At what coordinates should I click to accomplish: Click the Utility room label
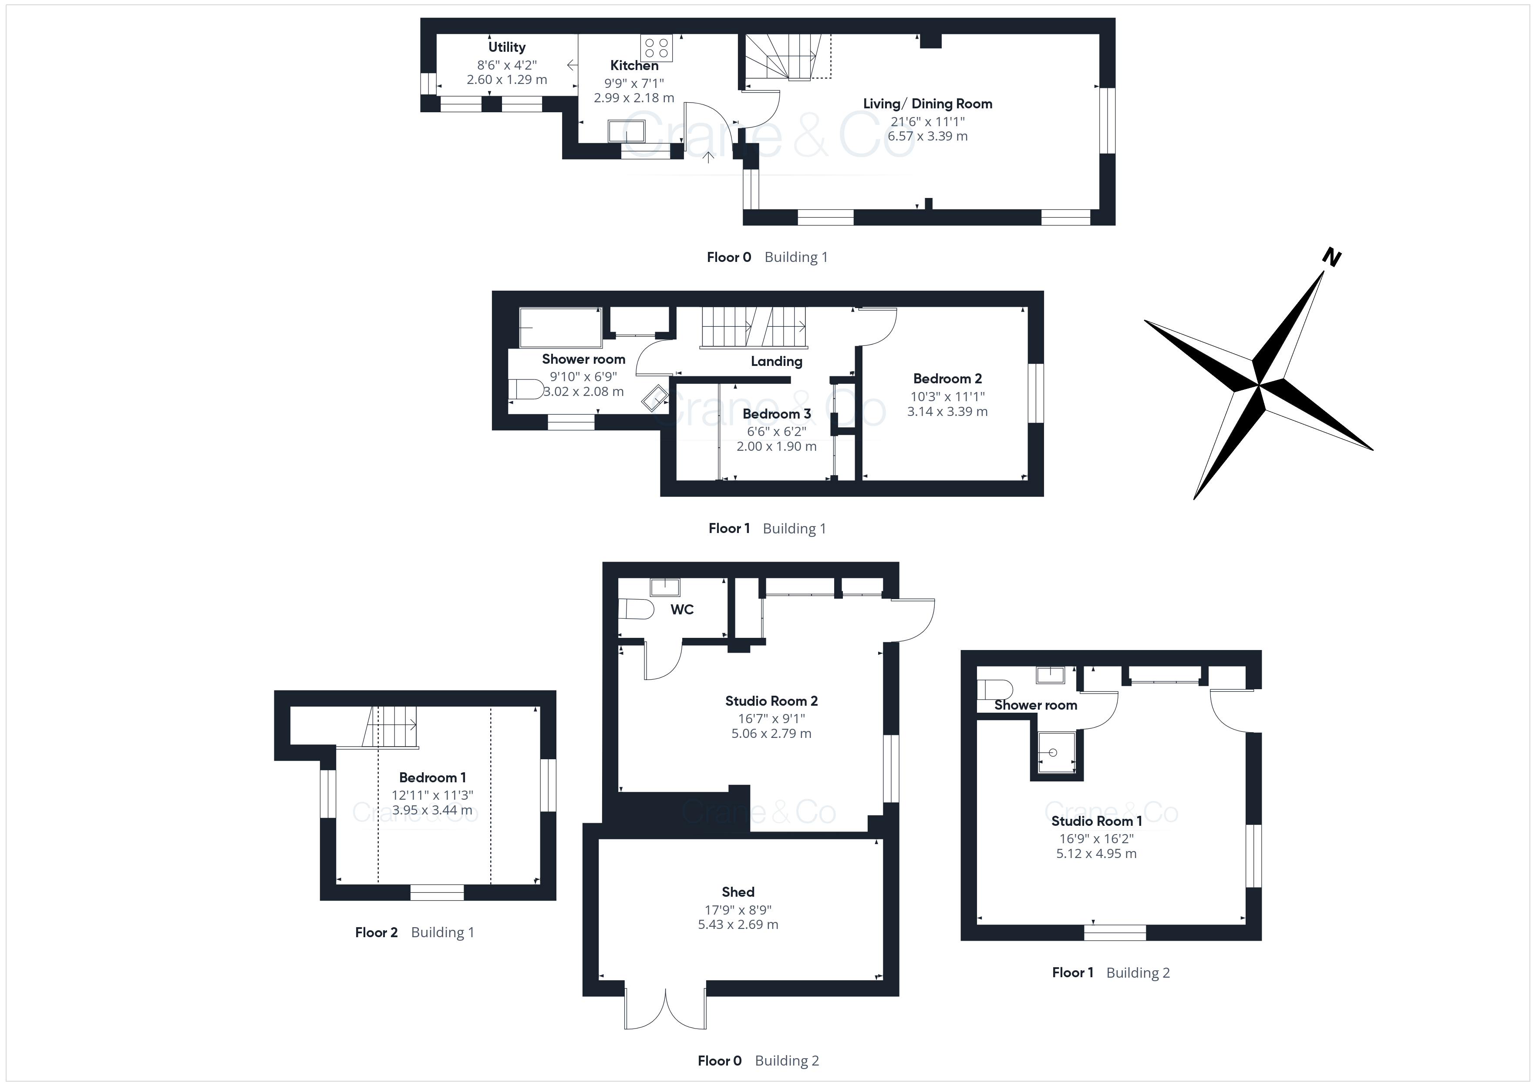point(506,47)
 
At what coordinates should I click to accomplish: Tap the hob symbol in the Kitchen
point(656,48)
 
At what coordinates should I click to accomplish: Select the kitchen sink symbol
point(626,131)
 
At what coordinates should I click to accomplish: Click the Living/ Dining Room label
point(927,104)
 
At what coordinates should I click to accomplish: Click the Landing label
point(776,361)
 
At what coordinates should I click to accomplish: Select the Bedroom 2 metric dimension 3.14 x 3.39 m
point(947,411)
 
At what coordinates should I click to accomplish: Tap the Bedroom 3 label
point(777,414)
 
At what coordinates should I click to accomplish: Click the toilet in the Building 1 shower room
point(526,389)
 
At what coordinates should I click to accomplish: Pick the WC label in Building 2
point(682,609)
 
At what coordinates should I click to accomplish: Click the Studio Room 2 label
point(771,701)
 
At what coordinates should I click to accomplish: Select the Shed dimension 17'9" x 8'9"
point(738,909)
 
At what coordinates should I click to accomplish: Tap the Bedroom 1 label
point(432,777)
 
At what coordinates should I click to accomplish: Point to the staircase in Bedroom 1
point(390,726)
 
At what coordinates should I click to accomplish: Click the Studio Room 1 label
point(1096,821)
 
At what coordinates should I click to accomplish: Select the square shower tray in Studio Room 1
point(1056,752)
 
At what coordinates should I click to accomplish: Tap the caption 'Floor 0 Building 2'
point(758,1060)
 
